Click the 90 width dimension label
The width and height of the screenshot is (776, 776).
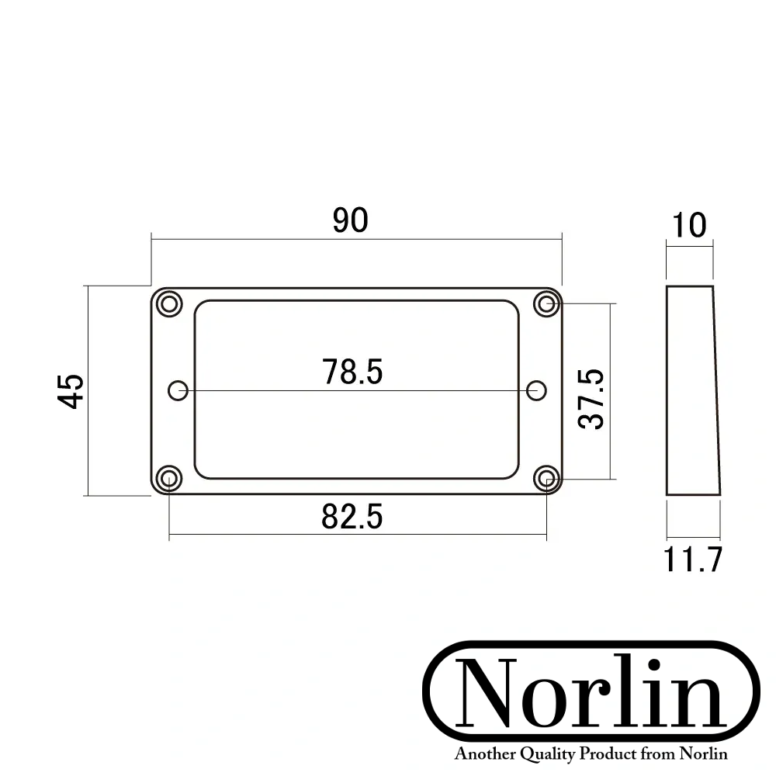coord(350,221)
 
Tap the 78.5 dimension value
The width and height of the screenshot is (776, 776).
coord(353,372)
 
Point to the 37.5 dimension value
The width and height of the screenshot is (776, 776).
coord(592,399)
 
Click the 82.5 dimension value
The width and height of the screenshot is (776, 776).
coord(352,517)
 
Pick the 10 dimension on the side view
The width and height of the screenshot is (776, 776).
coord(689,225)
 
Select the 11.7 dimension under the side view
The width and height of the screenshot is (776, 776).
coord(693,559)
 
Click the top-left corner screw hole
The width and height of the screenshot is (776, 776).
coord(168,303)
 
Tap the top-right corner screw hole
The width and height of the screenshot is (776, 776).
coord(547,303)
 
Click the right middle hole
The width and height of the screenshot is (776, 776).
coord(536,390)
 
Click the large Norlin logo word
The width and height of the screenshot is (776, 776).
coord(591,693)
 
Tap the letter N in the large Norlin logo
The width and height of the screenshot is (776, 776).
coord(487,693)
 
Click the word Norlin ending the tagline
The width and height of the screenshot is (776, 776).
coord(704,754)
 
